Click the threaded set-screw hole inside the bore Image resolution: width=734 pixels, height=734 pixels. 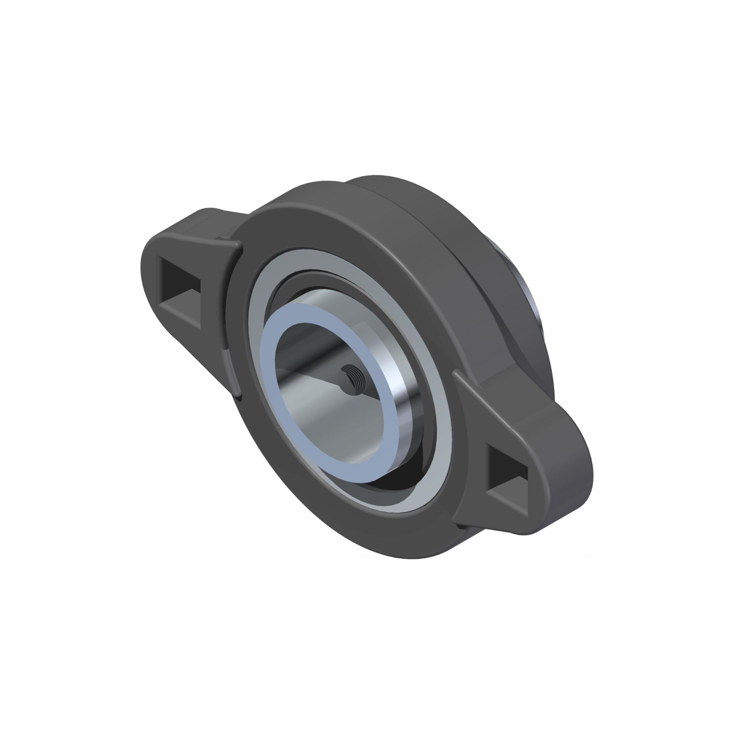click(x=352, y=381)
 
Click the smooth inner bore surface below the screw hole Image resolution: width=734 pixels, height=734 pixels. click(x=334, y=425)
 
